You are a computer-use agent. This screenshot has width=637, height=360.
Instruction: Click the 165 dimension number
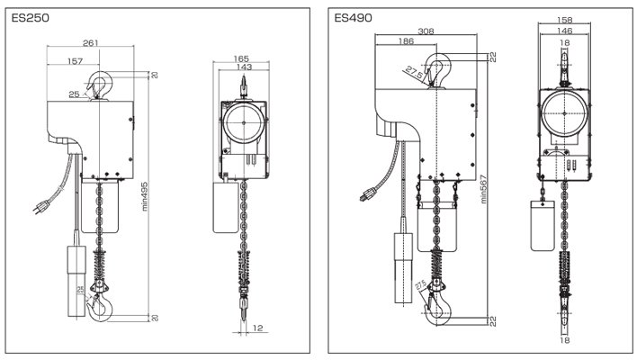[240, 58]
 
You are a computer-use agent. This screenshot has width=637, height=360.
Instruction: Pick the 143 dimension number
[240, 67]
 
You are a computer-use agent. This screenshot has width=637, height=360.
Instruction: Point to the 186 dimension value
[404, 42]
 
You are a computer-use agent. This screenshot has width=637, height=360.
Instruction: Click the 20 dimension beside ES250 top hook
[154, 75]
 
